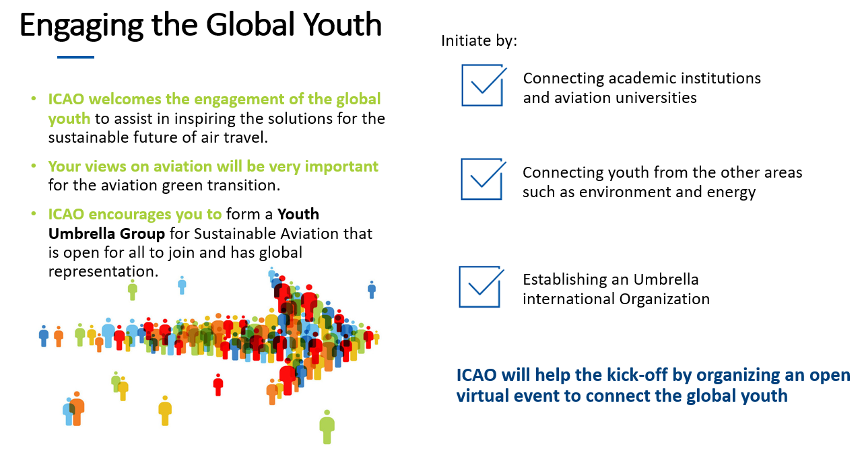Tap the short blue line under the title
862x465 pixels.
[x=76, y=57]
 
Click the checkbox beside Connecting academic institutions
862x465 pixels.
[x=483, y=85]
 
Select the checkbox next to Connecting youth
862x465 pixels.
[x=482, y=179]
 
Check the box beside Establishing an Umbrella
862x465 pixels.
[x=480, y=287]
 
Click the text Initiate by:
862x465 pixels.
[x=479, y=41]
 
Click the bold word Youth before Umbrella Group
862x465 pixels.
[x=298, y=214]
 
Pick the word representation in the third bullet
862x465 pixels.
[x=103, y=272]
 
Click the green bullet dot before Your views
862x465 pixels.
[x=34, y=166]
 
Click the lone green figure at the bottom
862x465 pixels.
[x=327, y=427]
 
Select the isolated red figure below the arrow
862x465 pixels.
[x=218, y=385]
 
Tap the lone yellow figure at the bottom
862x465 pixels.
[x=165, y=410]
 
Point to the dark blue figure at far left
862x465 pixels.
[x=44, y=336]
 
